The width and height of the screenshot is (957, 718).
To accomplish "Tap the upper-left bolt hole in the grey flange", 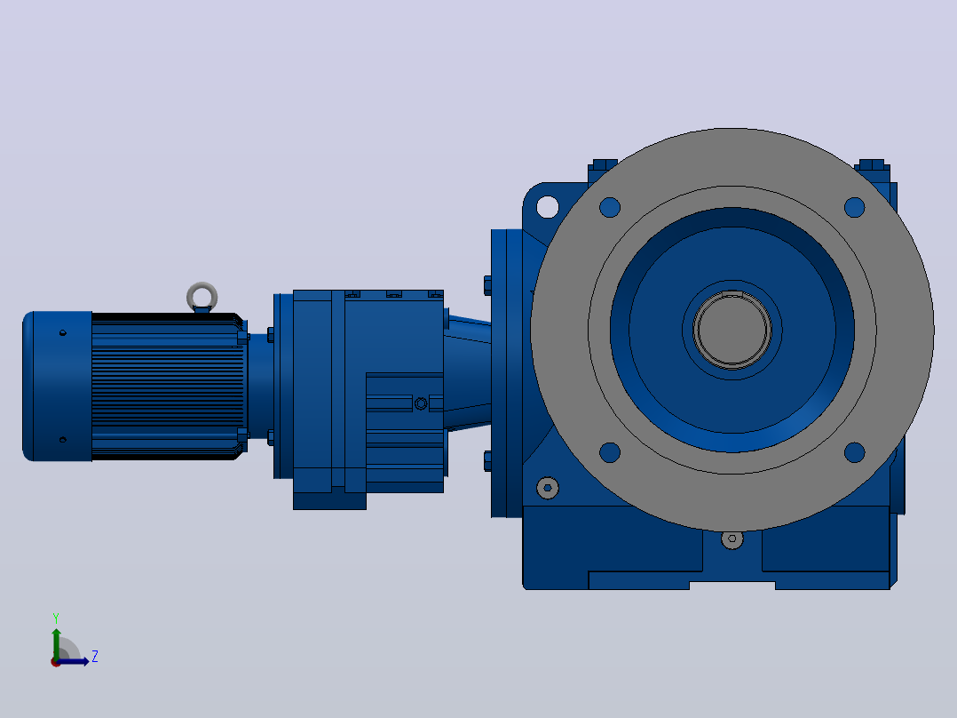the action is tap(610, 207).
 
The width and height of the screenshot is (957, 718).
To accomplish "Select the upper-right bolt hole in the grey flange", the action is tap(854, 207).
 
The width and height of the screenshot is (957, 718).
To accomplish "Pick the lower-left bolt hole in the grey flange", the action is tap(610, 453).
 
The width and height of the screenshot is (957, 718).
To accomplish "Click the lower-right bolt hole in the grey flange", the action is tap(854, 453).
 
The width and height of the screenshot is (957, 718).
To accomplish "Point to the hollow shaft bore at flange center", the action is tap(732, 330).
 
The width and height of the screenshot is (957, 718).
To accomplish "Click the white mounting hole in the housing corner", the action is tap(548, 206).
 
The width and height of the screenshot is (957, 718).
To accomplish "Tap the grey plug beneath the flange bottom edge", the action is tap(732, 539).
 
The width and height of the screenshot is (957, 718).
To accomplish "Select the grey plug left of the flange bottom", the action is tap(548, 488).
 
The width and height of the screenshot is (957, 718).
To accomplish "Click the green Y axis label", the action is tap(56, 618).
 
